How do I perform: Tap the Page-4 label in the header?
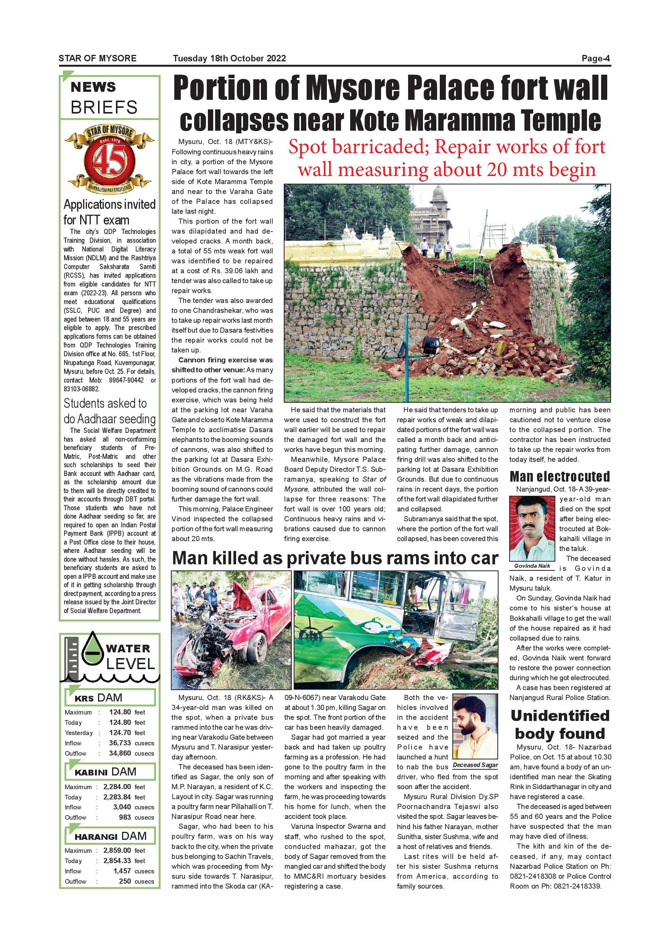point(596,58)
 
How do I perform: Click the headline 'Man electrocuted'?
point(560,477)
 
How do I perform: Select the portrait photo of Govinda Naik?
point(532,529)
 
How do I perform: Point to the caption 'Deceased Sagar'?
point(475,765)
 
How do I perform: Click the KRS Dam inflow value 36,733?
point(120,743)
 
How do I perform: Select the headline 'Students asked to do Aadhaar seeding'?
point(109,411)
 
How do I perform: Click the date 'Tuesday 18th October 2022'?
point(229,58)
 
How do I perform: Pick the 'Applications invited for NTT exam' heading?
point(109,212)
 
